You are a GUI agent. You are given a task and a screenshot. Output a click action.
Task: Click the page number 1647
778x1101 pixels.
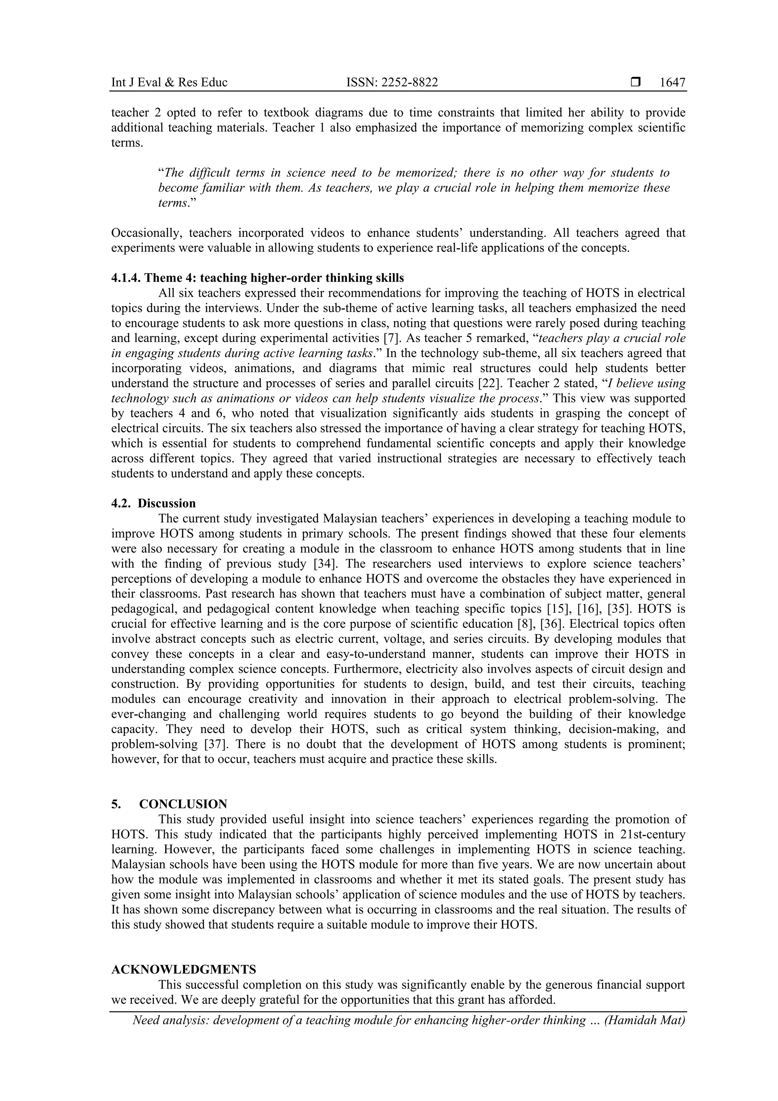672,82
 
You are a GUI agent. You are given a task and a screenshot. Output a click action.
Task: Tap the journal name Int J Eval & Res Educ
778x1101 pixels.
169,82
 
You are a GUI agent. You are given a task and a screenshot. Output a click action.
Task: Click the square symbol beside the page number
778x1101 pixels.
635,82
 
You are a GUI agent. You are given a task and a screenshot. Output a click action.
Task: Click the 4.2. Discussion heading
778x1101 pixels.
153,504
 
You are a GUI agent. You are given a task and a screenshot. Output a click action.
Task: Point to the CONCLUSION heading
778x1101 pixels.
183,804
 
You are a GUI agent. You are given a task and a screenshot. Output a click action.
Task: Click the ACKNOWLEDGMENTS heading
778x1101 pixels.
183,970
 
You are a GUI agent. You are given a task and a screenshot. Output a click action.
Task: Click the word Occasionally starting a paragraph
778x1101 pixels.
145,233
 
